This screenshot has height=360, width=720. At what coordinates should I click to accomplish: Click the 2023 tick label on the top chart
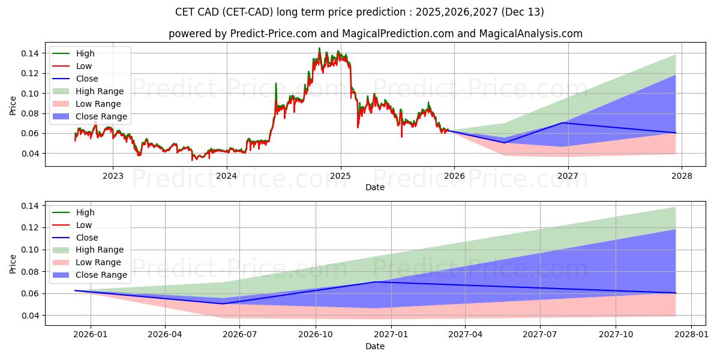click(113, 176)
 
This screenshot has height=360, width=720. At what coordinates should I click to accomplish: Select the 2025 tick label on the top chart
click(340, 176)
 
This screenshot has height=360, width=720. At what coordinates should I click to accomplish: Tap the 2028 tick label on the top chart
click(682, 176)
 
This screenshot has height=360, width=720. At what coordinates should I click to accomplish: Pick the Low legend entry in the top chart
click(84, 66)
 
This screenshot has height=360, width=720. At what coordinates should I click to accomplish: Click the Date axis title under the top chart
click(375, 187)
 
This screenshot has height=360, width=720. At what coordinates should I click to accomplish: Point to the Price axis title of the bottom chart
click(13, 263)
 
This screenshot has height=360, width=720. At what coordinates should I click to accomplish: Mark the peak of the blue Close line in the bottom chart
click(375, 282)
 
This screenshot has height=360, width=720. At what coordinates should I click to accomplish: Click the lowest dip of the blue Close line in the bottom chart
click(223, 304)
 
